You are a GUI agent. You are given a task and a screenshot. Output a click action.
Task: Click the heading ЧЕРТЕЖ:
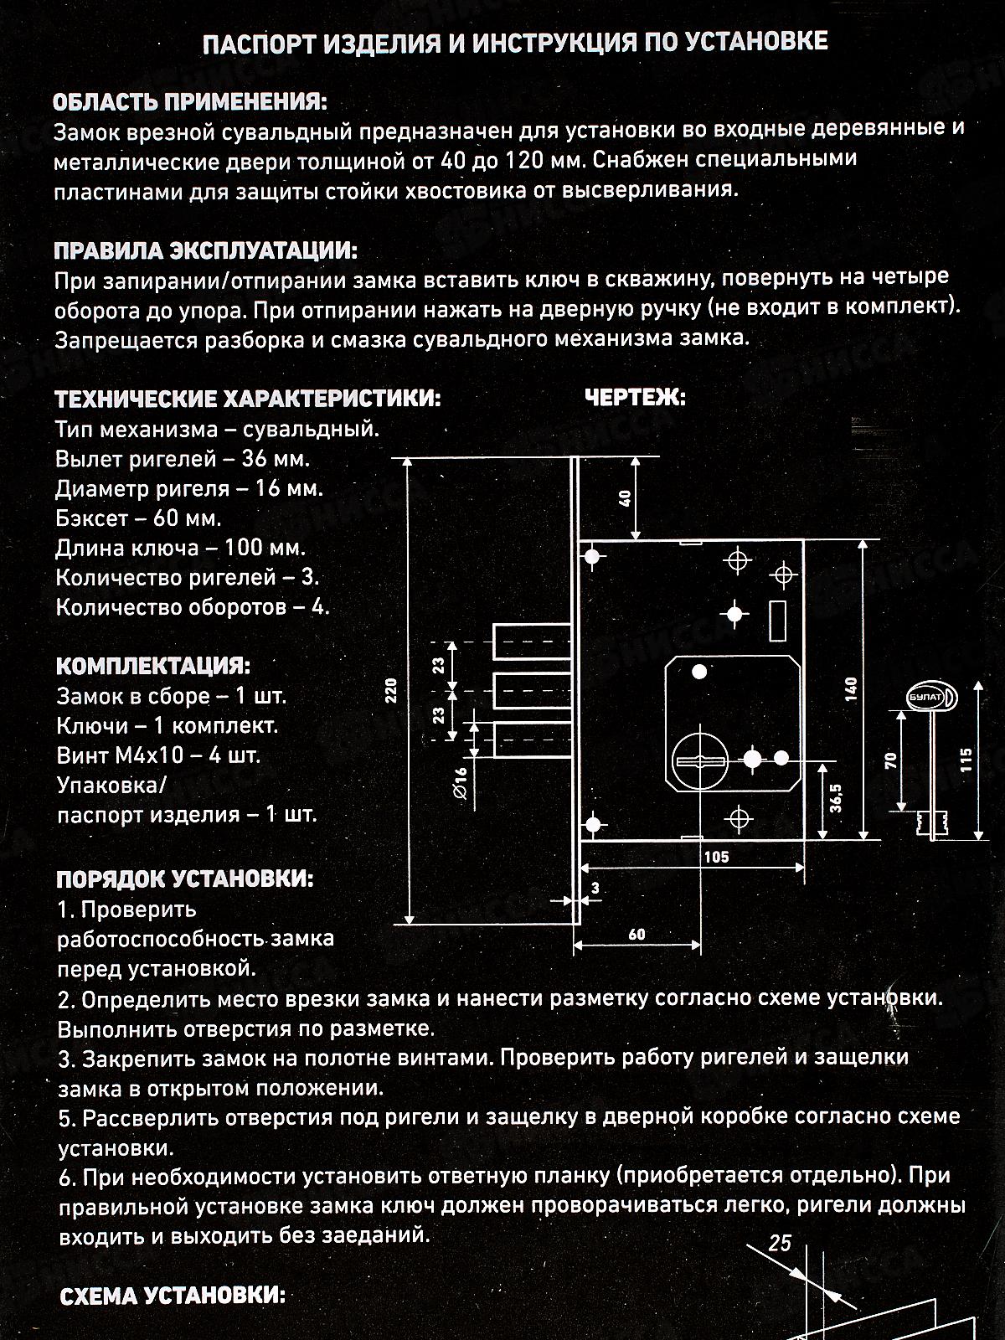click(x=635, y=398)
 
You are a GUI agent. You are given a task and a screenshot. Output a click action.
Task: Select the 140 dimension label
click(x=852, y=688)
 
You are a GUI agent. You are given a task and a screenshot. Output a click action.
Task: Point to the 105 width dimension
click(x=716, y=857)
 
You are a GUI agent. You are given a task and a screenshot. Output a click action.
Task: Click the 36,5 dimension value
click(x=837, y=799)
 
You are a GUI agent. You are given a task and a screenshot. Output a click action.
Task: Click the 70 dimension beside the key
click(x=890, y=760)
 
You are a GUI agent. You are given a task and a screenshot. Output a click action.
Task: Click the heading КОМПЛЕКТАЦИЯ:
click(x=153, y=667)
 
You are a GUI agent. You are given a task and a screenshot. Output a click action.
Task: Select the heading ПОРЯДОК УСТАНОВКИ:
click(x=185, y=879)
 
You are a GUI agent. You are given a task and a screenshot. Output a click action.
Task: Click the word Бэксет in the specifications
click(x=90, y=518)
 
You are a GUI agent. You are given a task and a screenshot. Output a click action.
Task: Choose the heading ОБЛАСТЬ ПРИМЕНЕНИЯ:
click(x=190, y=102)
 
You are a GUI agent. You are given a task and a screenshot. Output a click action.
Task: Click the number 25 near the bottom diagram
click(x=779, y=1243)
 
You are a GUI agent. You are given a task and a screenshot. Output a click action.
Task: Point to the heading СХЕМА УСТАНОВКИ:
click(x=173, y=1296)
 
